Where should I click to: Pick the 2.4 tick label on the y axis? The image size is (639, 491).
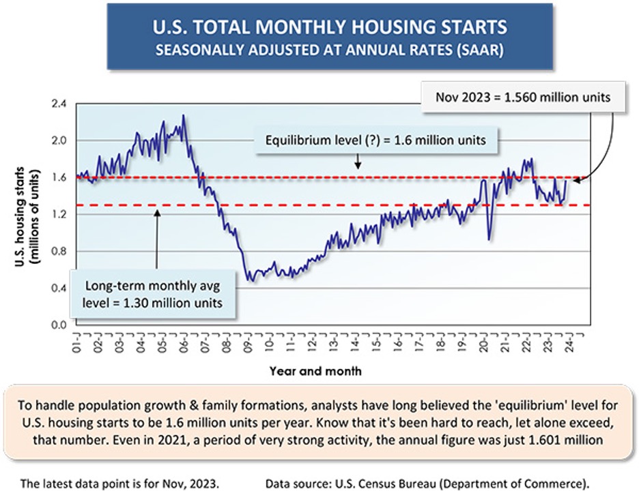(59, 104)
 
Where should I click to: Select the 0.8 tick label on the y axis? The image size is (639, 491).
(59, 252)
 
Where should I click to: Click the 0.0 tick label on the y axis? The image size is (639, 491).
(59, 325)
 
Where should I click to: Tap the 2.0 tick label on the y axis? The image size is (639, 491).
(59, 141)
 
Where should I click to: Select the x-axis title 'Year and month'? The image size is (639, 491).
(315, 372)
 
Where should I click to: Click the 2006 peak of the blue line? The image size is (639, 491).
(183, 116)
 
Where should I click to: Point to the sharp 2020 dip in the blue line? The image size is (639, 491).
(489, 238)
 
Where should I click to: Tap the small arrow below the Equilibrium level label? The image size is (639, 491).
(357, 164)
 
